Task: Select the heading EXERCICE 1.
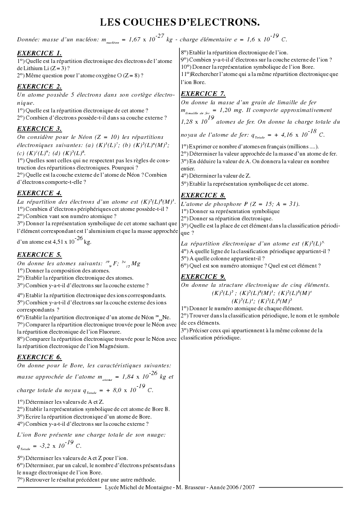click(x=39, y=53)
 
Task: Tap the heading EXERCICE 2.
click(x=39, y=86)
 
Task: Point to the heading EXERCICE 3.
click(x=39, y=129)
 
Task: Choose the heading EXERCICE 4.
click(x=39, y=193)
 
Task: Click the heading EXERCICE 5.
click(x=39, y=254)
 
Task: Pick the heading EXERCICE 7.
click(x=203, y=94)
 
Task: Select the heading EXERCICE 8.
click(x=203, y=195)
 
